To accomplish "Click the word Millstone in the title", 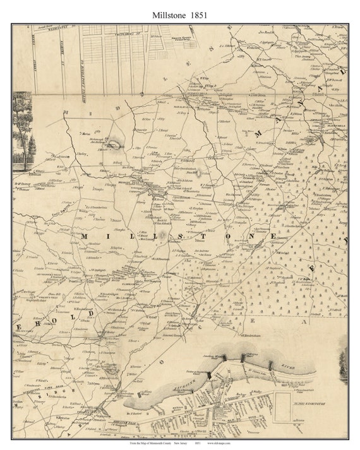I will pos(167,13).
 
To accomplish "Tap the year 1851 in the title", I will pos(199,13).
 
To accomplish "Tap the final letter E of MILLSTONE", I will pos(291,235).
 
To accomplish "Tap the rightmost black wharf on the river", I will pos(270,365).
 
